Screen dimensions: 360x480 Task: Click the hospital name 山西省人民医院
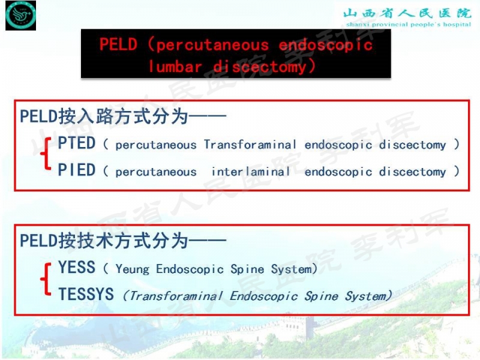click(x=407, y=13)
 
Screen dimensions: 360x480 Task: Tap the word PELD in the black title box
click(x=118, y=45)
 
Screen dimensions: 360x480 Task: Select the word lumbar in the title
click(x=175, y=66)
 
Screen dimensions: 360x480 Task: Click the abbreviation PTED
click(x=77, y=143)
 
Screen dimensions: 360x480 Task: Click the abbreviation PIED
click(x=77, y=170)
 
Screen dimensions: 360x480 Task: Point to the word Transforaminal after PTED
click(x=250, y=145)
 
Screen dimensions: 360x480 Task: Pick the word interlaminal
click(x=251, y=172)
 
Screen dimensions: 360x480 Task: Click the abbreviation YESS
click(x=77, y=268)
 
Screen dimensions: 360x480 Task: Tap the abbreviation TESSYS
click(x=86, y=295)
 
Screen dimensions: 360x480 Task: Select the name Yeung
click(x=133, y=269)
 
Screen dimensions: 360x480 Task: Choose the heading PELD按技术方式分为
click(x=123, y=241)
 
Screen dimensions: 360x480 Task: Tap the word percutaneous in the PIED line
click(x=156, y=172)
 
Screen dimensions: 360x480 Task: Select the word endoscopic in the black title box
click(x=325, y=45)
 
